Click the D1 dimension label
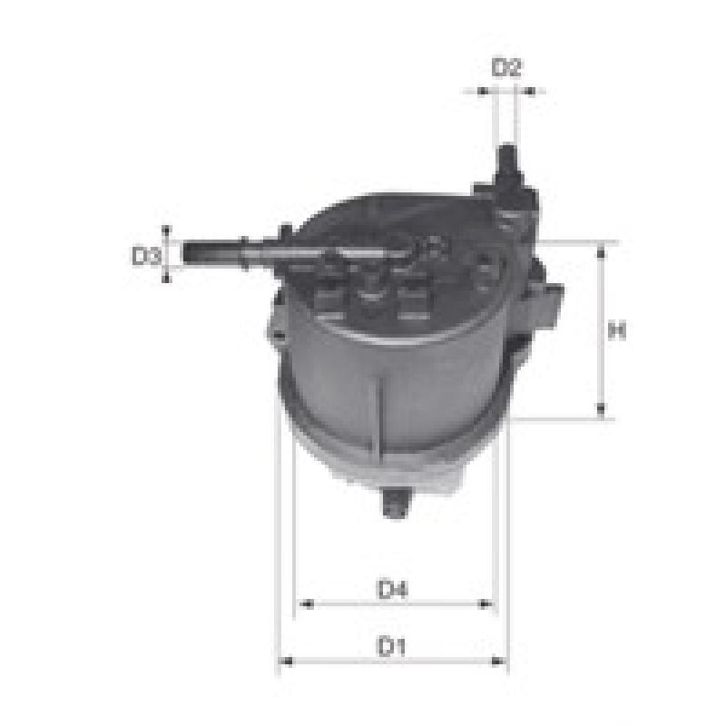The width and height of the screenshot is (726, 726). click(x=392, y=646)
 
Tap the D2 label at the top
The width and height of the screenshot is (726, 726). click(x=506, y=67)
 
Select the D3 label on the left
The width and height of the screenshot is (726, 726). click(x=146, y=256)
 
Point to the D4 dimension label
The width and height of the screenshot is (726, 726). click(x=393, y=589)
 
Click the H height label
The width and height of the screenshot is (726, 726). click(x=617, y=330)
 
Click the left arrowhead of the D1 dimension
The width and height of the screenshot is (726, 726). click(x=287, y=662)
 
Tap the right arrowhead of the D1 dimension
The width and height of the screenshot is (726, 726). click(x=497, y=662)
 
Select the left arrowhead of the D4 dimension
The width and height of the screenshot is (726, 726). click(x=307, y=603)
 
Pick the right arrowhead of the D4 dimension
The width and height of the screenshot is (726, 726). click(x=485, y=603)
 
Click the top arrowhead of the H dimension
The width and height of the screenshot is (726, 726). click(x=601, y=252)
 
